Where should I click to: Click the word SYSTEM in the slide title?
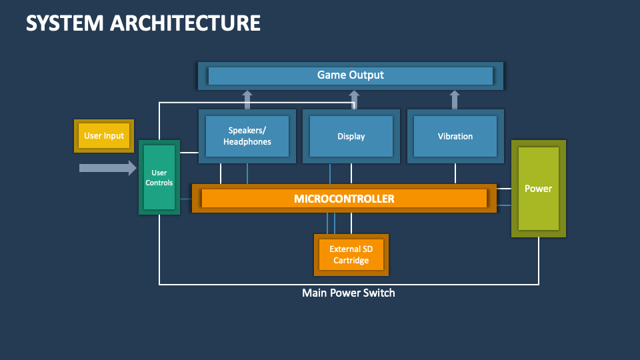64,23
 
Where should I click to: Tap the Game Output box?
350,75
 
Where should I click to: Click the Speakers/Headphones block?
247,136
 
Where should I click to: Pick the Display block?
351,136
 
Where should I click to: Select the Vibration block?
455,136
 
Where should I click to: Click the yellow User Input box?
104,136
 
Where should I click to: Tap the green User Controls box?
159,177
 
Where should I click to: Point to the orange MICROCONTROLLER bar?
344,199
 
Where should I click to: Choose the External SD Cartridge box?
351,255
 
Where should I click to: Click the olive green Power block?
538,189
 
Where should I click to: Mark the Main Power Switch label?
348,293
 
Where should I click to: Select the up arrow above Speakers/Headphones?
247,100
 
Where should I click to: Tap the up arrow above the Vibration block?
455,100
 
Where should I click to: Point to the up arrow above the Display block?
354,101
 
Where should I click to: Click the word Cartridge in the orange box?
351,261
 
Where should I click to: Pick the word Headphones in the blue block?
247,142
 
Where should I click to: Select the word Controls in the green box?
159,183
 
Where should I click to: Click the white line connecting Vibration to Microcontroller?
455,173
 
